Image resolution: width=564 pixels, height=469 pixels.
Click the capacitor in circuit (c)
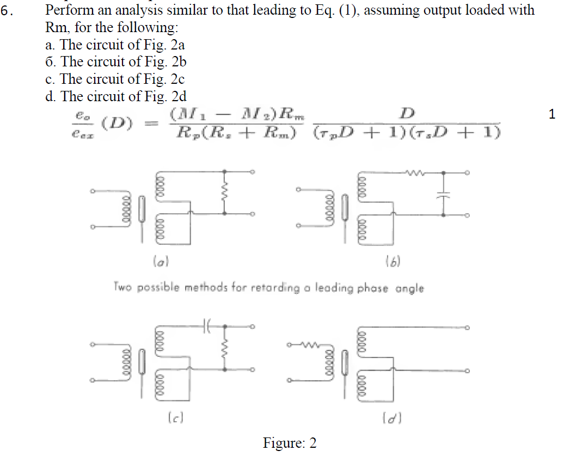206,326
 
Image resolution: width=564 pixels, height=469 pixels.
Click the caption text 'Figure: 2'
290,443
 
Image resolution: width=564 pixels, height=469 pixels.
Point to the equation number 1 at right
552,115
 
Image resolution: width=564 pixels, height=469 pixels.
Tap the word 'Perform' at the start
68,10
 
